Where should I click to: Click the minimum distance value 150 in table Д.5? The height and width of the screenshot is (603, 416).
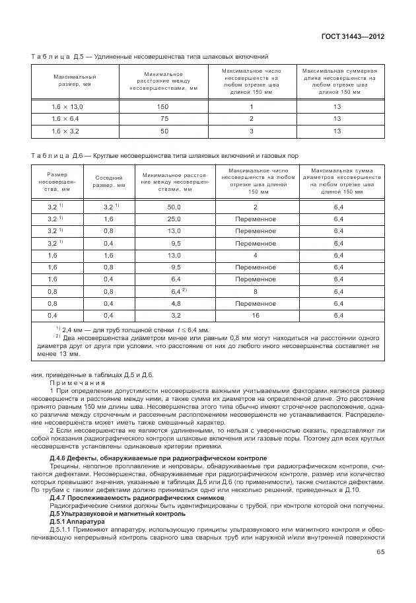pos(162,106)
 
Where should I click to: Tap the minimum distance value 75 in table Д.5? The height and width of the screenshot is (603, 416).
pos(162,119)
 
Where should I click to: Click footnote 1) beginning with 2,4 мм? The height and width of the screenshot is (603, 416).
pos(132,329)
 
